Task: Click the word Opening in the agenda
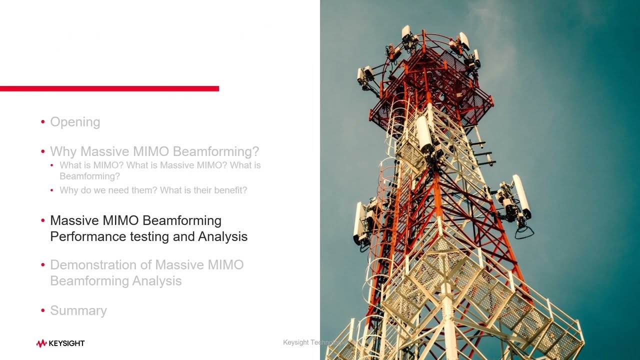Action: (75, 122)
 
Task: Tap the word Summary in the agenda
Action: (78, 310)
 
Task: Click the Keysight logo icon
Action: (41, 343)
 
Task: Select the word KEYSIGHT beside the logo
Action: (66, 343)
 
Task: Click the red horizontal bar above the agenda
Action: (109, 88)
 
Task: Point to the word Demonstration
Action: (100, 265)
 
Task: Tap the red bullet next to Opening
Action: (43, 122)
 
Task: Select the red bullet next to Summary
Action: (43, 310)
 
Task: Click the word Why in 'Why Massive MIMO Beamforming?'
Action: (63, 151)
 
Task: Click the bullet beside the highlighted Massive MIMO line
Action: (43, 220)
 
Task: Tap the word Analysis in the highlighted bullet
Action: (222, 236)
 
